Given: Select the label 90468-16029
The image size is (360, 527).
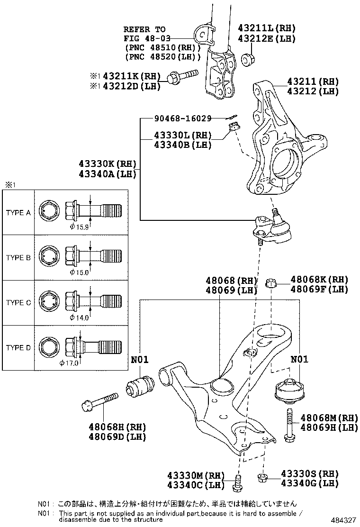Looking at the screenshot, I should tap(182, 118).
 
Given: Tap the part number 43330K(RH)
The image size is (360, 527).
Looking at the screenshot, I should tap(108, 164).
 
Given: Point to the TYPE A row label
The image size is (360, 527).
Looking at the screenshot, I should tap(18, 213).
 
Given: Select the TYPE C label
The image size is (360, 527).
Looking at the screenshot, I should tap(18, 303).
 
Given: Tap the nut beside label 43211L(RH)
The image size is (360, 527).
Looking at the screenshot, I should tap(247, 60).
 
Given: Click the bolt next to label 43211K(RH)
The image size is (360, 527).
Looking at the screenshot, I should tap(184, 75).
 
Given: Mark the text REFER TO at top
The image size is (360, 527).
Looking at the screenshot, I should tap(144, 29).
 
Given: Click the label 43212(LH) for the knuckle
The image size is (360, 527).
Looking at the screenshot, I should tap(313, 91).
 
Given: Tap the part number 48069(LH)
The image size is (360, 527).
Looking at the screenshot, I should tap(231, 290).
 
